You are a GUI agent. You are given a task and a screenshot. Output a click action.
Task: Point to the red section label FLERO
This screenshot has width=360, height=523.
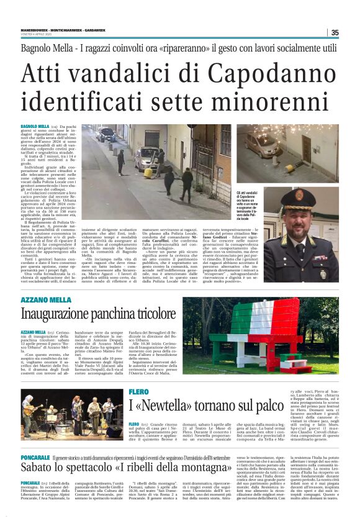click(x=138, y=391)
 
